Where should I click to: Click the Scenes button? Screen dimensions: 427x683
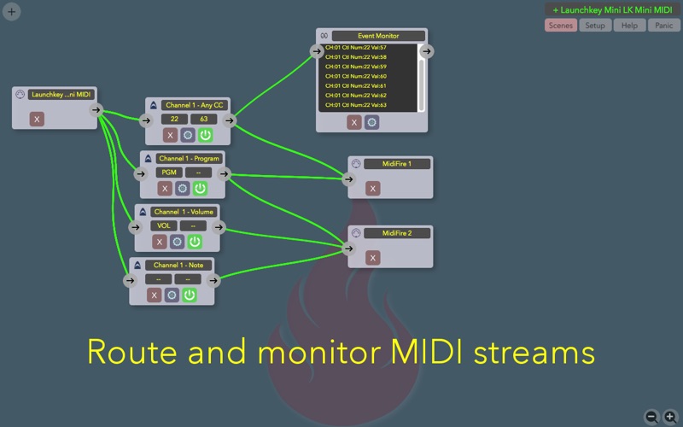click(x=561, y=26)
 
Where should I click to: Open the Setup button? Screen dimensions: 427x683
click(x=595, y=26)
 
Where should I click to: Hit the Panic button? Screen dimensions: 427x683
click(x=664, y=26)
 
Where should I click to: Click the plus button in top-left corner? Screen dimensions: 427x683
click(x=12, y=12)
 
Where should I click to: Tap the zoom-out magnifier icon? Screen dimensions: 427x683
click(x=651, y=417)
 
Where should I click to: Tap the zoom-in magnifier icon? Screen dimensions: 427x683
click(x=670, y=417)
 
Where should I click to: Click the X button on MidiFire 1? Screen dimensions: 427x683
click(x=372, y=188)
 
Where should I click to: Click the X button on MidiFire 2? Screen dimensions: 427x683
click(x=372, y=257)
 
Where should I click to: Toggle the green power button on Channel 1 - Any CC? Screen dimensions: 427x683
click(x=206, y=135)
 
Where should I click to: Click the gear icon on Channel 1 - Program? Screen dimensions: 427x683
click(x=182, y=188)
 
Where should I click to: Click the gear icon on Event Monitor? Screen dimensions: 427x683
click(x=371, y=122)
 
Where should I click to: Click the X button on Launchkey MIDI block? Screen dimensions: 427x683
click(x=36, y=119)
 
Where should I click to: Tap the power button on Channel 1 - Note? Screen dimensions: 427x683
click(x=190, y=295)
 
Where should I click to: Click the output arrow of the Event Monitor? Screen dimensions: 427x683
click(x=427, y=51)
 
